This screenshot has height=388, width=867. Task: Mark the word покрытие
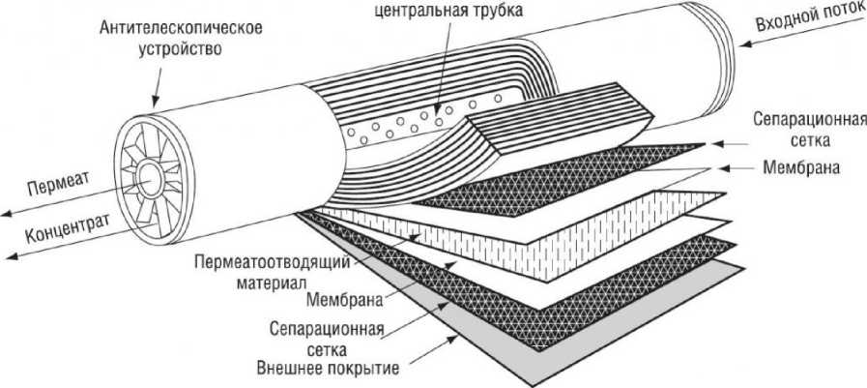click(x=364, y=367)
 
